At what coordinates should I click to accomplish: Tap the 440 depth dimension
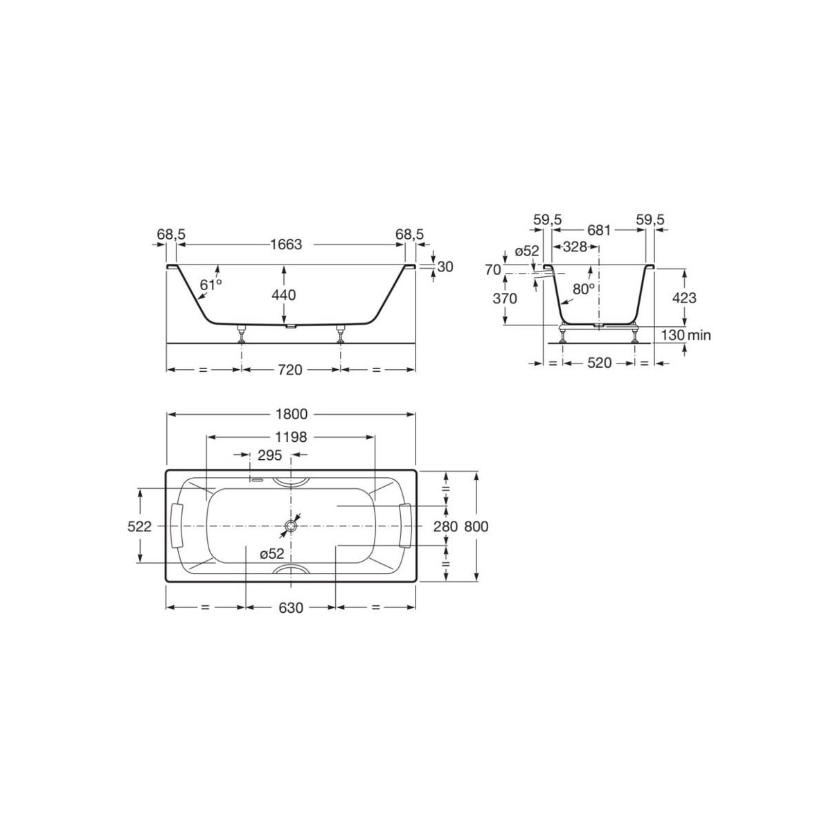click(x=284, y=295)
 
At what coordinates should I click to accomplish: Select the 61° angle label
click(x=211, y=285)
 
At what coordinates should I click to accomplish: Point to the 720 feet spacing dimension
click(x=290, y=370)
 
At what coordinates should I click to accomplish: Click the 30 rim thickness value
click(x=445, y=267)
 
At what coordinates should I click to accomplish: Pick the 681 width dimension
click(x=599, y=231)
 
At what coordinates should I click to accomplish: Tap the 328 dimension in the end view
click(x=575, y=247)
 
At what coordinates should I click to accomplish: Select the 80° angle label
click(x=584, y=289)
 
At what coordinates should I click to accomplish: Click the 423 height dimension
click(x=683, y=298)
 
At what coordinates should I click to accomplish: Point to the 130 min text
click(x=686, y=335)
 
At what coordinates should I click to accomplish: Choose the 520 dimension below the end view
click(x=599, y=363)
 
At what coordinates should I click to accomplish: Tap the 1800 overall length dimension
click(x=290, y=414)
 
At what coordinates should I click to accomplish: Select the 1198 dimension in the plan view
click(x=290, y=437)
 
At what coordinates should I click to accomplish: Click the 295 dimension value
click(x=269, y=455)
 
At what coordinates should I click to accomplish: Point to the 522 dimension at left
click(x=139, y=526)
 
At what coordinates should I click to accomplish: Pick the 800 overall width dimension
click(x=476, y=526)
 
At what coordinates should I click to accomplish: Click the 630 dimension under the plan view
click(x=290, y=608)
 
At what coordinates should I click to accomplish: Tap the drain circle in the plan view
click(x=290, y=527)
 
